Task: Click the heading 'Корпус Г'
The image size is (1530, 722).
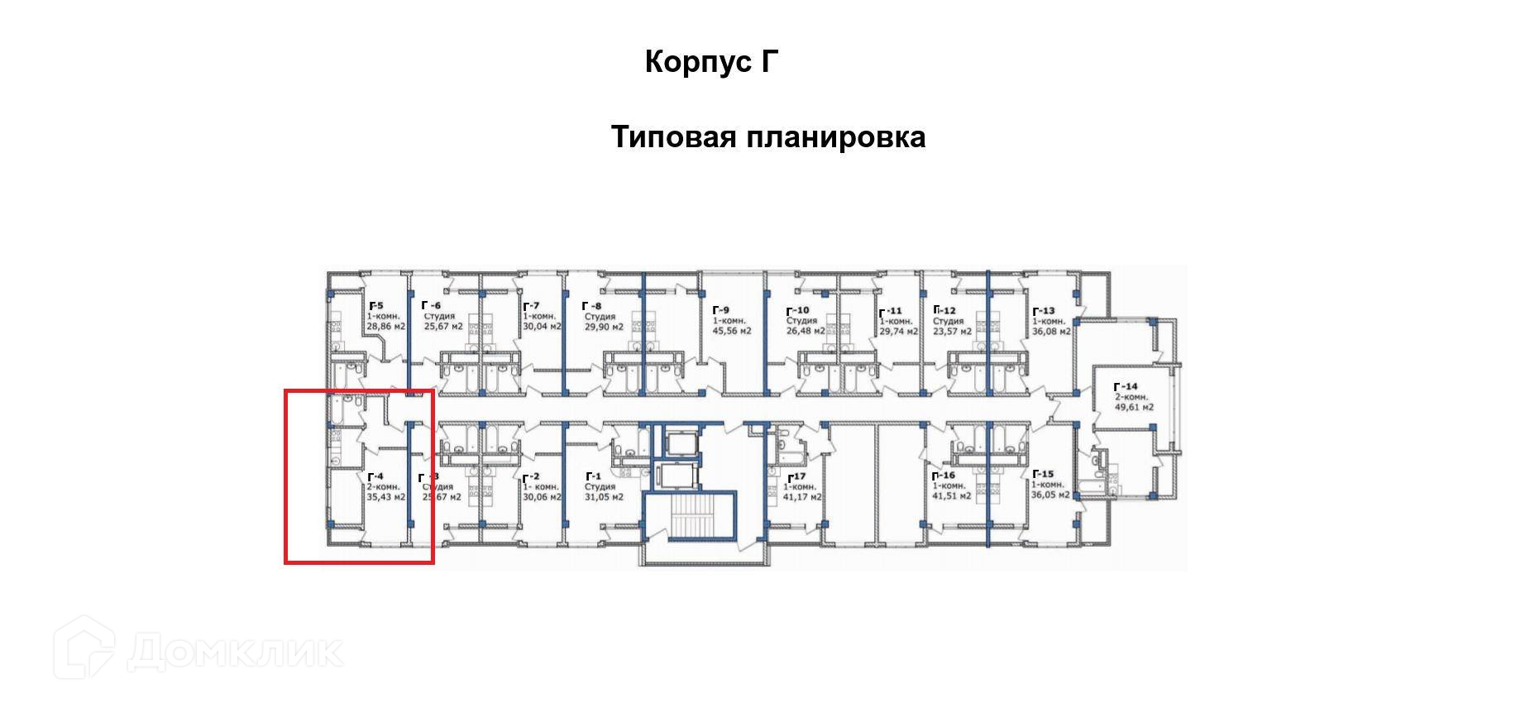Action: tap(712, 62)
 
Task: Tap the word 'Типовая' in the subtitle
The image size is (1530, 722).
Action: tap(673, 136)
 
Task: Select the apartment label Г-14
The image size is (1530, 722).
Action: tap(1126, 386)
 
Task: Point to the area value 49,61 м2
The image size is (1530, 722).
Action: tap(1134, 407)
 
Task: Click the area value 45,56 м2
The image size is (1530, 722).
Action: tap(732, 331)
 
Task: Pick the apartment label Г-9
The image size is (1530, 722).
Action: tap(721, 310)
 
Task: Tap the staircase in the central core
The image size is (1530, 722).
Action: tap(689, 517)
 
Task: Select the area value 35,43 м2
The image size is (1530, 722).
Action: tap(386, 497)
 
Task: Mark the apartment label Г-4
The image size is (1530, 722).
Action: tap(375, 476)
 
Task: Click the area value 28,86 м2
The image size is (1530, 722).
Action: tap(386, 326)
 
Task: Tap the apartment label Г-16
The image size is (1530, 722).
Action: tap(944, 476)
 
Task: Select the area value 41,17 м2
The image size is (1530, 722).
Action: tap(802, 497)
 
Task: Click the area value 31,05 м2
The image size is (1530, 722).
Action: tap(605, 497)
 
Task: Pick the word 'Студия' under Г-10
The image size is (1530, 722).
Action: tap(801, 321)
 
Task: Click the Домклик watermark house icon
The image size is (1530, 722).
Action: tap(84, 647)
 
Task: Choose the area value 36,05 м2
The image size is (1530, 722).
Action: tap(1051, 495)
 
